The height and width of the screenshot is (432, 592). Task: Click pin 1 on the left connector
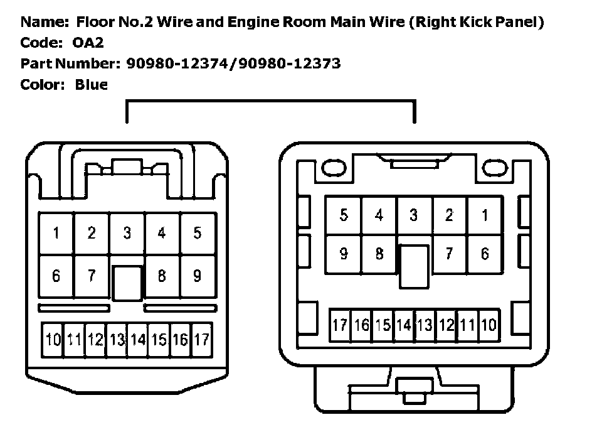tap(56, 234)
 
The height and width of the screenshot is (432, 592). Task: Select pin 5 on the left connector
tap(198, 234)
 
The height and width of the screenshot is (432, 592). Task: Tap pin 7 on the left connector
tap(92, 276)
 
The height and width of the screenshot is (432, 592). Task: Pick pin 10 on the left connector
tap(53, 340)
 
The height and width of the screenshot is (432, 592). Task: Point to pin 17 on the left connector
tap(201, 340)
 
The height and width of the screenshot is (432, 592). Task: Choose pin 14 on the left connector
tap(138, 340)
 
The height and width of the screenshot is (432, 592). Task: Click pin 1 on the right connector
tap(484, 215)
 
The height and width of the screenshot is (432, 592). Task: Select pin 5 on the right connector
tap(344, 215)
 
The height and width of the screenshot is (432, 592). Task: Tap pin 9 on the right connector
tap(344, 254)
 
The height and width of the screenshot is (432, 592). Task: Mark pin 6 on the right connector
tap(484, 254)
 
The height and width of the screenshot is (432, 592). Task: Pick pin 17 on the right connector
tap(340, 325)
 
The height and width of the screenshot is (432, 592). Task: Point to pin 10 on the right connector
tap(489, 325)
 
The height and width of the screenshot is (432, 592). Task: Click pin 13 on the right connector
tap(425, 325)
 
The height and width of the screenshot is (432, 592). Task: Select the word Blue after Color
tap(91, 85)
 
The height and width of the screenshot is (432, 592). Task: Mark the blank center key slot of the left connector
tap(127, 283)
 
